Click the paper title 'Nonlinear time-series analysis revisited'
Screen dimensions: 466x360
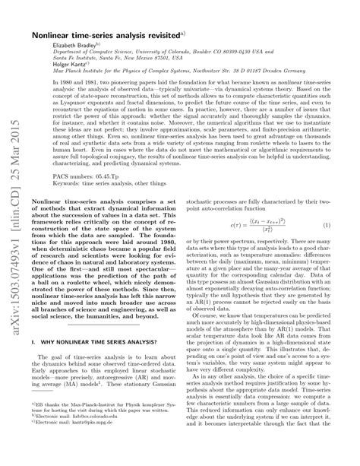[129, 35]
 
